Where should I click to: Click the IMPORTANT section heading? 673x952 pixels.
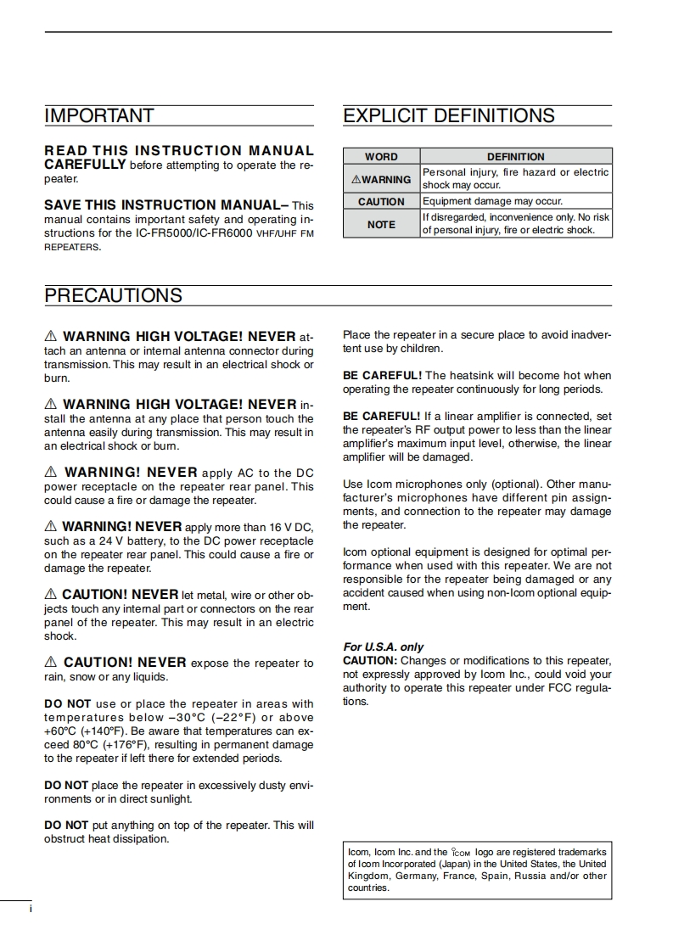tap(99, 115)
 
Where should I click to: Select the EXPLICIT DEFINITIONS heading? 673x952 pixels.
tap(448, 115)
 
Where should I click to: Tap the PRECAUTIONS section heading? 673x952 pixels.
tap(113, 295)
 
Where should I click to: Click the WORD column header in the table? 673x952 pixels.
tap(381, 156)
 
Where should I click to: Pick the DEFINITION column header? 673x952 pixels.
tap(515, 156)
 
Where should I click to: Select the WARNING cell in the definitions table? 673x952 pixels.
tap(381, 179)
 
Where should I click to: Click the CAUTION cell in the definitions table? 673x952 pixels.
tap(381, 202)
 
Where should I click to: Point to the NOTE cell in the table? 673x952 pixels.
tap(381, 224)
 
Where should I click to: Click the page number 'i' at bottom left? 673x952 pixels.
tap(31, 910)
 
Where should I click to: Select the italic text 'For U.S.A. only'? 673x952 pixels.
tap(383, 647)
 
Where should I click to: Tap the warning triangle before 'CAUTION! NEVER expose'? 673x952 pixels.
tap(50, 662)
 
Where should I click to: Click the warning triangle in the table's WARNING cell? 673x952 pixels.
tap(356, 179)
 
